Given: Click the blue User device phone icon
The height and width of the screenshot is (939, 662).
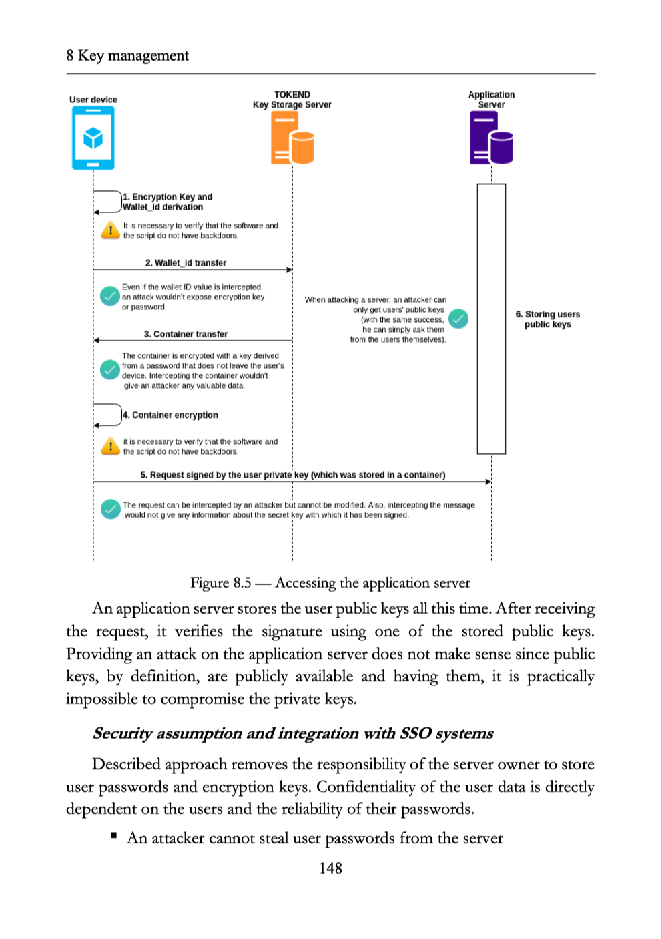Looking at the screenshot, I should [93, 138].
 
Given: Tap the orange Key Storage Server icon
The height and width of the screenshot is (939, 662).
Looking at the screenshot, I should [292, 138].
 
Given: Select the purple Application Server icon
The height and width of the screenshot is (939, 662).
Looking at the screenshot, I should [491, 138].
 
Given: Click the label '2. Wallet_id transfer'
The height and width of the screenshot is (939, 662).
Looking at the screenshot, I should [186, 263].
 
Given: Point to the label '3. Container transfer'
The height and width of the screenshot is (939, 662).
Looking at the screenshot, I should [186, 334].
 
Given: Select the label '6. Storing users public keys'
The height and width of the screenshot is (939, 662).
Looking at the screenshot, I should [547, 319].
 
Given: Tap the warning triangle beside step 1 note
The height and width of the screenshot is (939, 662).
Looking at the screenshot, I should [110, 231].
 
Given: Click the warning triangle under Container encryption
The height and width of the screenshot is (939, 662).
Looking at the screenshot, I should [110, 447].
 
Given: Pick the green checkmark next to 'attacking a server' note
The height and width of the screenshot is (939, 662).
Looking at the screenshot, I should [458, 319].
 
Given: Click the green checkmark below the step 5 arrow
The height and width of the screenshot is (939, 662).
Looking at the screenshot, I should [110, 509].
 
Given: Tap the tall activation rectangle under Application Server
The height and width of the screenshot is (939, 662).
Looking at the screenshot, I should [491, 319].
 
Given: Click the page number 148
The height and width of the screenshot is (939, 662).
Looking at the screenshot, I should [330, 868].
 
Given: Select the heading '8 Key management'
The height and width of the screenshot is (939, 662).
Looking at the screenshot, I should [127, 55].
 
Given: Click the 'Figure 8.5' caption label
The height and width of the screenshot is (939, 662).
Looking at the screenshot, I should [220, 583].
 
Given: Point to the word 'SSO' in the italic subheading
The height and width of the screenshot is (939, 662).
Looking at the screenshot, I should [415, 733].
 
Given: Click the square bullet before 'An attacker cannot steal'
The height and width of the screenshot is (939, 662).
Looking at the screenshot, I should [114, 835].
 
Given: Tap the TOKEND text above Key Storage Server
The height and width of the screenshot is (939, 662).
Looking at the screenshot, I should [292, 95].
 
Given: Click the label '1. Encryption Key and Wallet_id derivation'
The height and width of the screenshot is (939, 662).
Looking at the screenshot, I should [167, 202].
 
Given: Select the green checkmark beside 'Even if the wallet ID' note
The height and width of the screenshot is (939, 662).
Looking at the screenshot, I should [109, 295].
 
